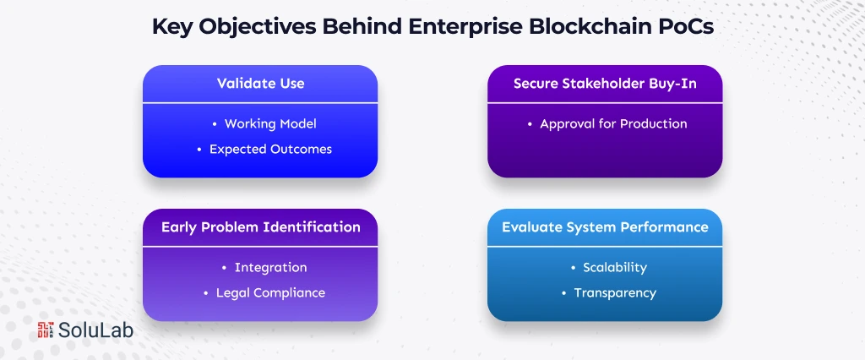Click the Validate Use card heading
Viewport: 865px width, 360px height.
260,84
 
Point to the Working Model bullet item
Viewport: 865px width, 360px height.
270,123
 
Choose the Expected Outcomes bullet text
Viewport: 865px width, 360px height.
270,149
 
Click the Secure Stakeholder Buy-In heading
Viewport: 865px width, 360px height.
605,84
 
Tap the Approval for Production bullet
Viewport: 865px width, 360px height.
613,123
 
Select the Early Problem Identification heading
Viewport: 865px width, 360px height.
260,227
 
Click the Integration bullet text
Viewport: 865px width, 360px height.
270,267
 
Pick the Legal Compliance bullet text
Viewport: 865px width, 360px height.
270,292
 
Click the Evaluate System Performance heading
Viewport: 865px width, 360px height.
605,227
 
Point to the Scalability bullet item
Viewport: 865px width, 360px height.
614,267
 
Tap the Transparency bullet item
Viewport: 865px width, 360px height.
614,292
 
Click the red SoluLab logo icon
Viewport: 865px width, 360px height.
46,331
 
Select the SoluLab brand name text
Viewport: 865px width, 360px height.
95,331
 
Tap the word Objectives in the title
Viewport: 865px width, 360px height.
255,26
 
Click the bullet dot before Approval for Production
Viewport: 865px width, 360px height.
530,124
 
